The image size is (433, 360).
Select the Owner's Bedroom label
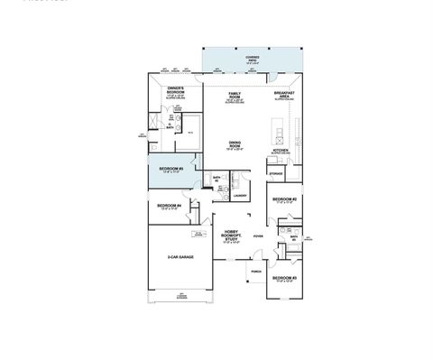coord(177,90)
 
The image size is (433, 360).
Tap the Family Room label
coord(234,96)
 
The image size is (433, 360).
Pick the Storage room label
coord(276,172)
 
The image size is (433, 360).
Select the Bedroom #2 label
coord(285,199)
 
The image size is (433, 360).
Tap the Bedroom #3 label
coord(285,279)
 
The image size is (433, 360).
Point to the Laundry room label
coord(240,195)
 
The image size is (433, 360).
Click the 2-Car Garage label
coord(180,258)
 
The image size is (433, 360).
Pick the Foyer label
coord(258,237)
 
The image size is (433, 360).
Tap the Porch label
coord(256,271)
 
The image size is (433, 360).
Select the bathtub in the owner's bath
coord(192,124)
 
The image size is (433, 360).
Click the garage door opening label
coord(181,297)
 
